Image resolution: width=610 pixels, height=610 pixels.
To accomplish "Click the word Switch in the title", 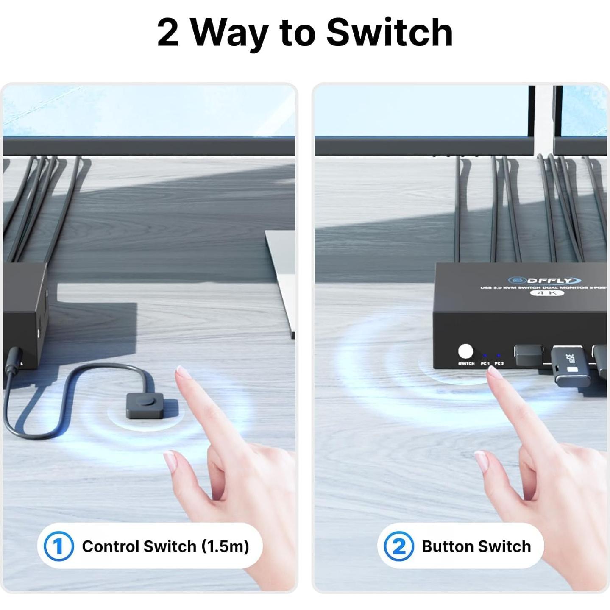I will click(x=389, y=33).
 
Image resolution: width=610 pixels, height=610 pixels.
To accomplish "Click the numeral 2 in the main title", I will click(x=168, y=33).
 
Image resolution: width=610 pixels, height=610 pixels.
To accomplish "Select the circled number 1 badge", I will click(x=58, y=546).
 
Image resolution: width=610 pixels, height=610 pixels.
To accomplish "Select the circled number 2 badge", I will click(x=398, y=546).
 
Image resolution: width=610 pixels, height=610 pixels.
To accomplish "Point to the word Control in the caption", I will click(x=110, y=546).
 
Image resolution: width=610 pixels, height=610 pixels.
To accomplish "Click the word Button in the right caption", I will click(x=447, y=546).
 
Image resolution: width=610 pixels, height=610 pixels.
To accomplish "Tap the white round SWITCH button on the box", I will click(x=465, y=352).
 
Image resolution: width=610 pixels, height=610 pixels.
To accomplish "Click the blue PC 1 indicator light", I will click(x=485, y=356).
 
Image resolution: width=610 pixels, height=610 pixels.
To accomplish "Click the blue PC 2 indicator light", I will click(x=499, y=356).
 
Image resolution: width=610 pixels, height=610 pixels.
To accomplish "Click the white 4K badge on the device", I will click(x=547, y=293).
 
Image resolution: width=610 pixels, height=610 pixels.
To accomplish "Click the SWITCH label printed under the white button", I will click(x=466, y=364).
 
